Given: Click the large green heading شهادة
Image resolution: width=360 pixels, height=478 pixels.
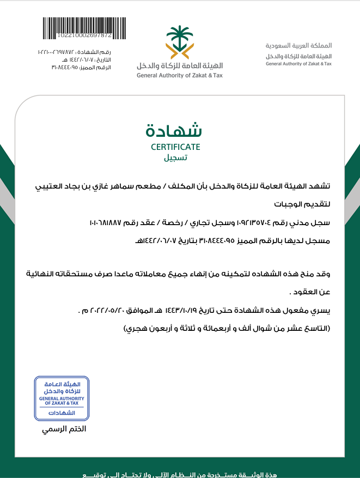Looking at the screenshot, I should pyautogui.click(x=174, y=130).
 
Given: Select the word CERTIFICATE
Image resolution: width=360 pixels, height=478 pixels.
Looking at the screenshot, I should pyautogui.click(x=175, y=147).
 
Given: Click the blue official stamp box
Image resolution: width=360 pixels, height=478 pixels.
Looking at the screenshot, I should pyautogui.click(x=62, y=398).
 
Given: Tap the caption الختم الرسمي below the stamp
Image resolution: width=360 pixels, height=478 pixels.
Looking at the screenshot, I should pyautogui.click(x=65, y=429).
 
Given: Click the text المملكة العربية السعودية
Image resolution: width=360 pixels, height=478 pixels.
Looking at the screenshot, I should pyautogui.click(x=298, y=45).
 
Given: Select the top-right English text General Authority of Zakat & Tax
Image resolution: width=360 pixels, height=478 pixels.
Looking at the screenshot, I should pyautogui.click(x=298, y=64).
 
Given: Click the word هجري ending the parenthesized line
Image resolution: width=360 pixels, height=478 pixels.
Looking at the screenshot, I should pyautogui.click(x=137, y=329).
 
